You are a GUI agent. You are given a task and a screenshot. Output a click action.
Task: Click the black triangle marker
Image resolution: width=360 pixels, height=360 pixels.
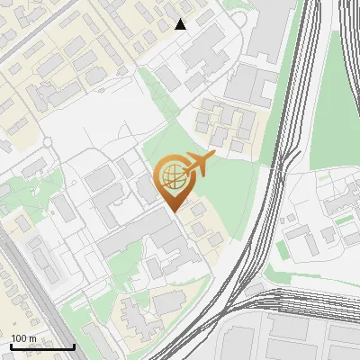[x=181, y=24]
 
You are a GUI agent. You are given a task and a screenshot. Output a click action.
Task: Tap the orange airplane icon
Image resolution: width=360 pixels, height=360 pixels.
[x=199, y=165]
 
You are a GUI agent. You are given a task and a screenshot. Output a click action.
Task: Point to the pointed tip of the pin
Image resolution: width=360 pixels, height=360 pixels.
[x=172, y=211]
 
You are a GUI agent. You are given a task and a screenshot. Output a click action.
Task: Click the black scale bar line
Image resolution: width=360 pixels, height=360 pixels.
[x=42, y=347]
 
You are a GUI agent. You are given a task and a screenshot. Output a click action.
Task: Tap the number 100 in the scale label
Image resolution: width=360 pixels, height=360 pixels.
[x=18, y=338]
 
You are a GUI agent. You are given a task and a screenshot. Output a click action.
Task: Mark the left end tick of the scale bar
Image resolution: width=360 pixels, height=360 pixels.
[x=11, y=345]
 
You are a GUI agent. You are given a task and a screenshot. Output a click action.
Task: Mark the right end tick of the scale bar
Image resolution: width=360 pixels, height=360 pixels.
[x=74, y=345]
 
